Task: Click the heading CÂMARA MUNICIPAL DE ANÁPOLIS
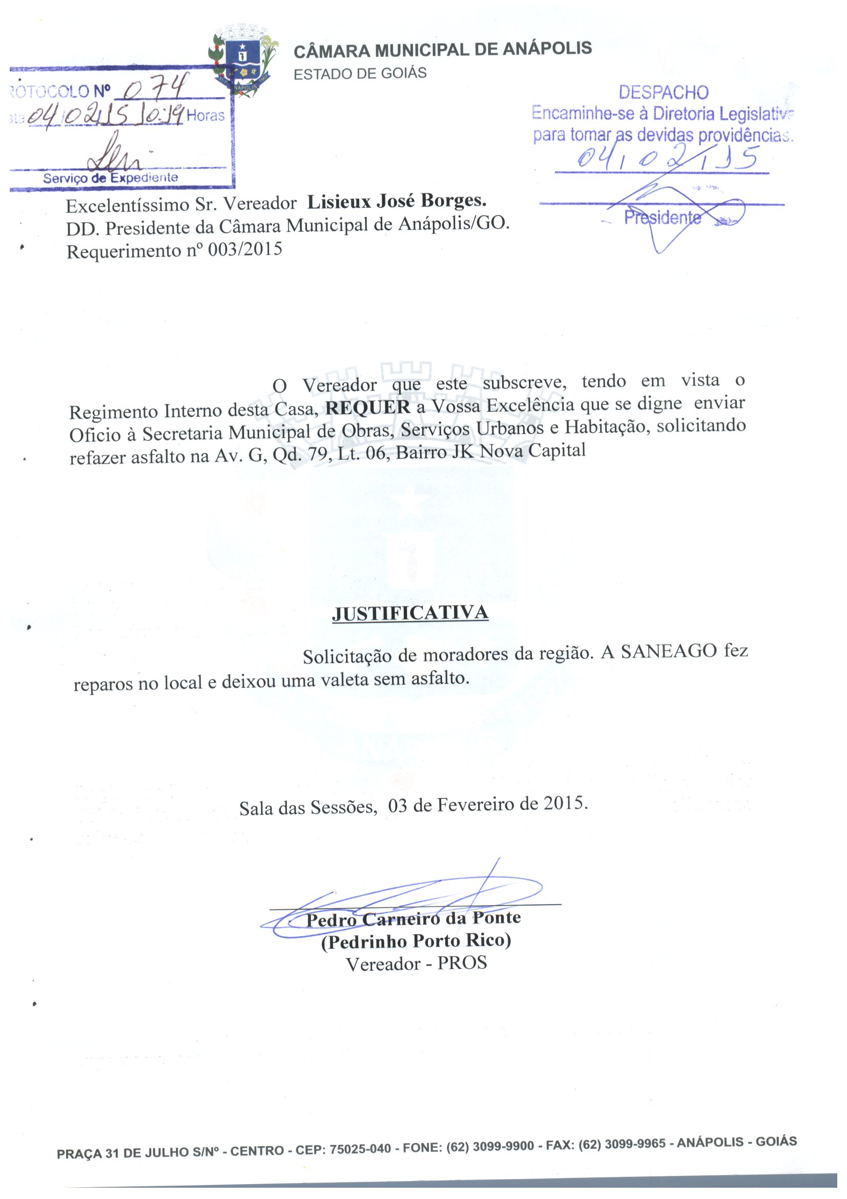coord(443,50)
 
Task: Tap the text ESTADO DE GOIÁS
coord(360,73)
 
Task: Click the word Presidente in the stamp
coord(663,217)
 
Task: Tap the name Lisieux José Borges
coord(397,201)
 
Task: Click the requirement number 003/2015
coord(245,250)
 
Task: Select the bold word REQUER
coord(367,408)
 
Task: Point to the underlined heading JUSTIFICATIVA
coord(410,613)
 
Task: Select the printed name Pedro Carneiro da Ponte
coord(414,918)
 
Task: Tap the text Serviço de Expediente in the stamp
coord(111,178)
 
